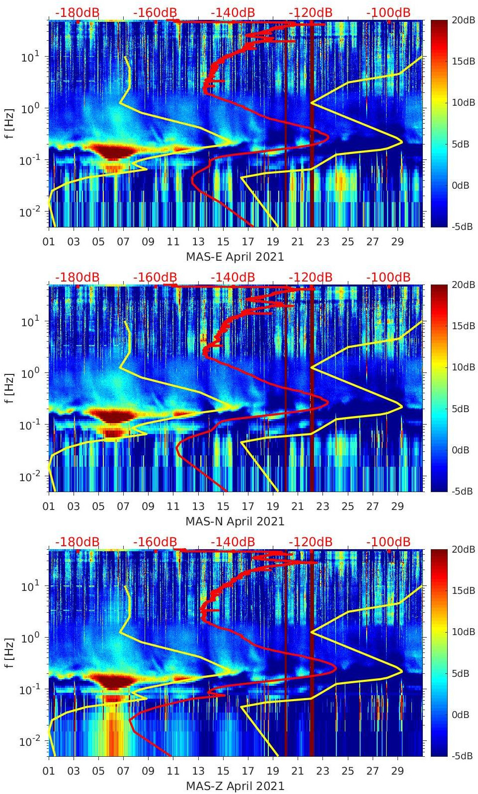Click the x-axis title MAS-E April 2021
click(x=235, y=257)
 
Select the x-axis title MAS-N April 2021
click(x=235, y=521)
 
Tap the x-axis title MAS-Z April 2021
click(x=235, y=786)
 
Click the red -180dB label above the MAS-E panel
click(x=77, y=12)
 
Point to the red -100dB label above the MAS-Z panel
click(x=389, y=542)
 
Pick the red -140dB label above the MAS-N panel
click(x=233, y=277)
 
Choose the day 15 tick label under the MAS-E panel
click(x=223, y=242)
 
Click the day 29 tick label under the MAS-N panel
click(x=398, y=506)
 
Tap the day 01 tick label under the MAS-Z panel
click(x=49, y=771)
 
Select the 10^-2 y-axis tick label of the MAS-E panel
click(x=28, y=212)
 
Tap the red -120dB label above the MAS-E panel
click(x=311, y=12)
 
